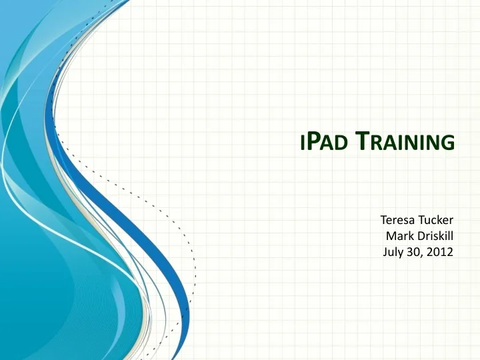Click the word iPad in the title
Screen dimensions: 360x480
324,141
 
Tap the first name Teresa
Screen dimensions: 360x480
398,219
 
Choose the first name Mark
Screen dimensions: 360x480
399,235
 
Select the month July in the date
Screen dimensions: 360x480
393,252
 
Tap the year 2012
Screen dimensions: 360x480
440,252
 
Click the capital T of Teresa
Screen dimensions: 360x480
383,219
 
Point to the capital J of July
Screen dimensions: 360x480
385,252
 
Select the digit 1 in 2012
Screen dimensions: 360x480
443,252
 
